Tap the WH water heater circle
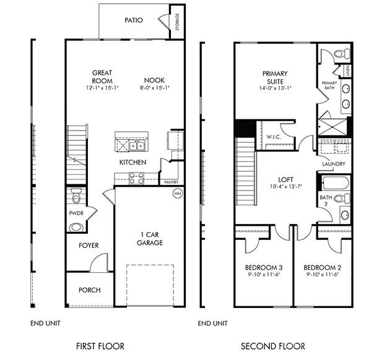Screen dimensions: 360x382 pos(177,194)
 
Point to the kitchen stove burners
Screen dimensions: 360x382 pos(136,179)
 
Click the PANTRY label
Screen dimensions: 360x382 pos(170,182)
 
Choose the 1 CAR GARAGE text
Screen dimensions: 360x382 pos(150,239)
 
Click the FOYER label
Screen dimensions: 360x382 pos(89,246)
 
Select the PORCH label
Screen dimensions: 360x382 pos(89,290)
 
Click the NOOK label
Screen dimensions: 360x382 pos(154,80)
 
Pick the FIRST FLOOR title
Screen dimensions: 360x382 pos(100,346)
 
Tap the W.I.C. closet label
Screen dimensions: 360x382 pos(273,137)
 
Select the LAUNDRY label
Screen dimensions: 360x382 pos(334,164)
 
